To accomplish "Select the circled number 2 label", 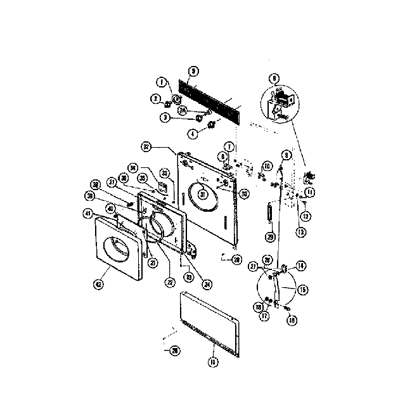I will (154, 98).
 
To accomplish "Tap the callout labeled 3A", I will (182, 110).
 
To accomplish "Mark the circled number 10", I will (267, 166).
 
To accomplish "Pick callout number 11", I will (310, 191).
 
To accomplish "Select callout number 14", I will (300, 266).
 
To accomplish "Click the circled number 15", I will (302, 289).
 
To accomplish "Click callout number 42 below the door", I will (99, 285).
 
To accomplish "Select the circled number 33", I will (165, 172).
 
